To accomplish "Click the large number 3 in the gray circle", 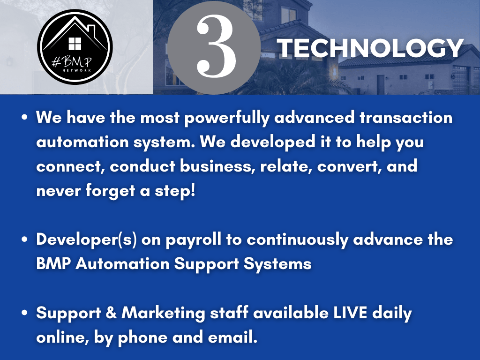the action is click(216, 46).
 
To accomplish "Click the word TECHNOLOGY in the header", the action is click(370, 48).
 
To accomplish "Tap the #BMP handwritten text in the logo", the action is click(72, 62).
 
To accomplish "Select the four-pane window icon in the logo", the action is click(75, 44).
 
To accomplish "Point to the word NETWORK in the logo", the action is click(77, 70).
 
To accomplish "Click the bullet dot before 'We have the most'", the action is click(25, 117).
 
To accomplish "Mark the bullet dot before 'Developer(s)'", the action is click(25, 240).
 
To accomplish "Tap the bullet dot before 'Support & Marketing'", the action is click(25, 313).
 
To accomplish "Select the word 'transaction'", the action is click(406, 117).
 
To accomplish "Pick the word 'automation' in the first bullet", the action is click(82, 142).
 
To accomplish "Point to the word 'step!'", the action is click(175, 191).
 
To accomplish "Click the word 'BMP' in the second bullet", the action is click(53, 263).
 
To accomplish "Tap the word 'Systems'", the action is click(277, 264).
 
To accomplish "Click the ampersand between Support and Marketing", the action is click(111, 313).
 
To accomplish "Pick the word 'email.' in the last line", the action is click(232, 337).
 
